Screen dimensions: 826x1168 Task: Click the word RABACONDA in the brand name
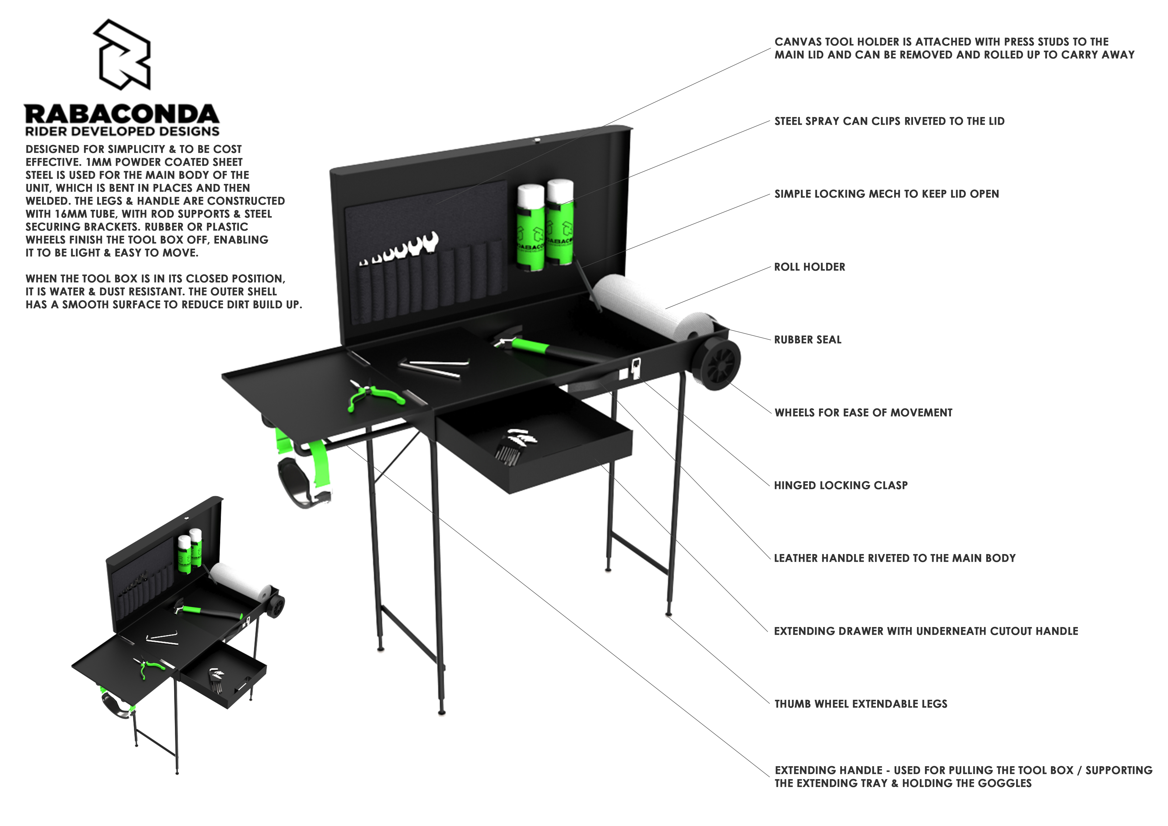click(x=122, y=114)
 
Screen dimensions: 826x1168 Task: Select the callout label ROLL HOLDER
click(x=809, y=267)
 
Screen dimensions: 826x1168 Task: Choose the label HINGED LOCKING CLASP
click(x=841, y=485)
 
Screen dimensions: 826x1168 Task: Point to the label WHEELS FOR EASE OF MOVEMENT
click(x=863, y=413)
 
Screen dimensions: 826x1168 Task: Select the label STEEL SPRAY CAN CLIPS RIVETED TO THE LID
click(x=889, y=121)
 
